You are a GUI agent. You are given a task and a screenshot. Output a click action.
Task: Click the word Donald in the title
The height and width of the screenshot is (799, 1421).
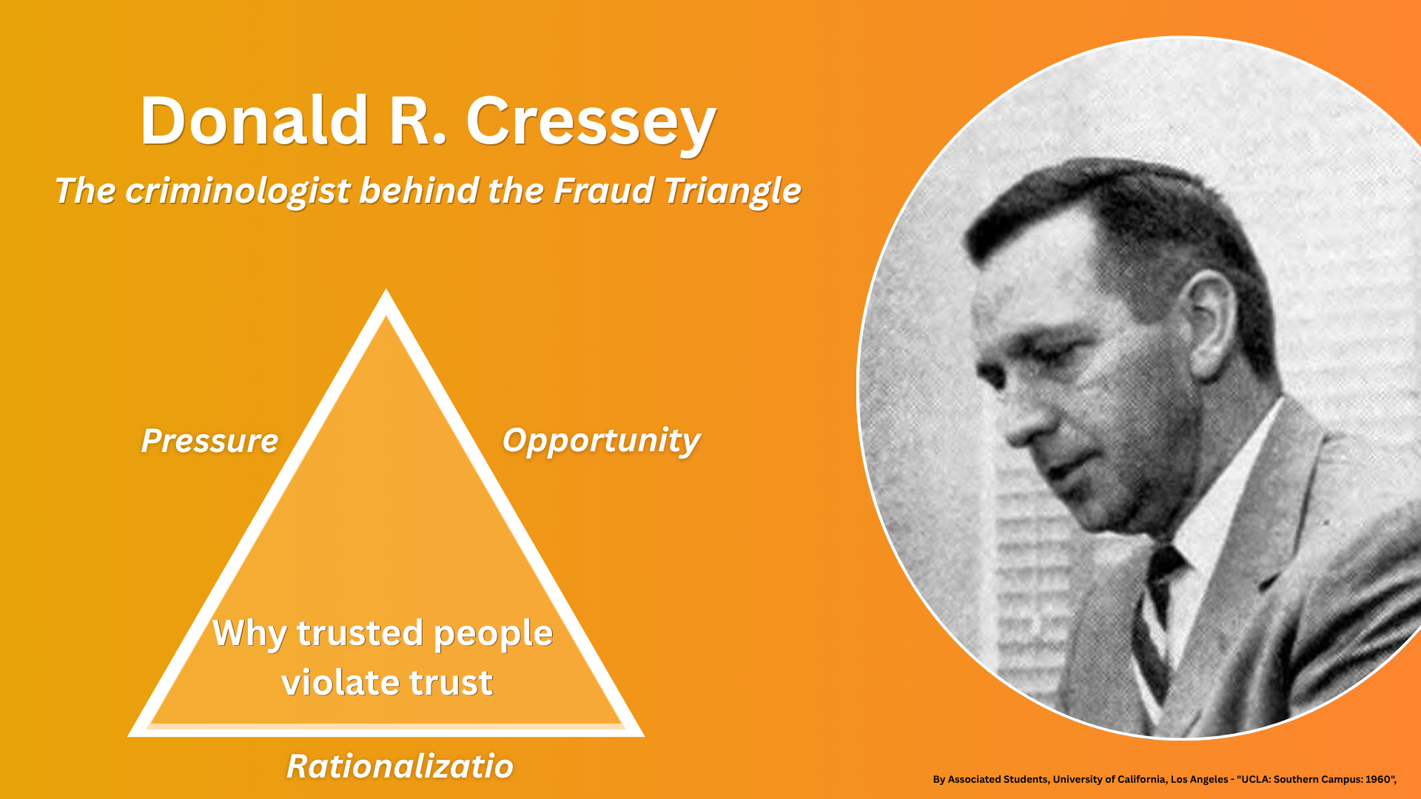[255, 121]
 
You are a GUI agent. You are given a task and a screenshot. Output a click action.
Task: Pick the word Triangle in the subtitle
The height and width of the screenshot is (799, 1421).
[732, 192]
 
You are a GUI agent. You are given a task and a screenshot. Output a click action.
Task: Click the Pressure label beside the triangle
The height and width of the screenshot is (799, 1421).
[209, 441]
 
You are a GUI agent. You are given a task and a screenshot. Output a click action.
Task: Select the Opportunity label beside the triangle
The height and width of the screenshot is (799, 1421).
[601, 442]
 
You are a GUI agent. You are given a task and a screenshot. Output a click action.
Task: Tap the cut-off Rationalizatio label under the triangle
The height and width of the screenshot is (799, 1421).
[400, 766]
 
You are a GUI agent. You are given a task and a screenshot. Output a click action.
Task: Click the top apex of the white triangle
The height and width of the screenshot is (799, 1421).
[386, 290]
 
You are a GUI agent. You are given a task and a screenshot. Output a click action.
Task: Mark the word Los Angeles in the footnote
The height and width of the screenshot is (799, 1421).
[1199, 779]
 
